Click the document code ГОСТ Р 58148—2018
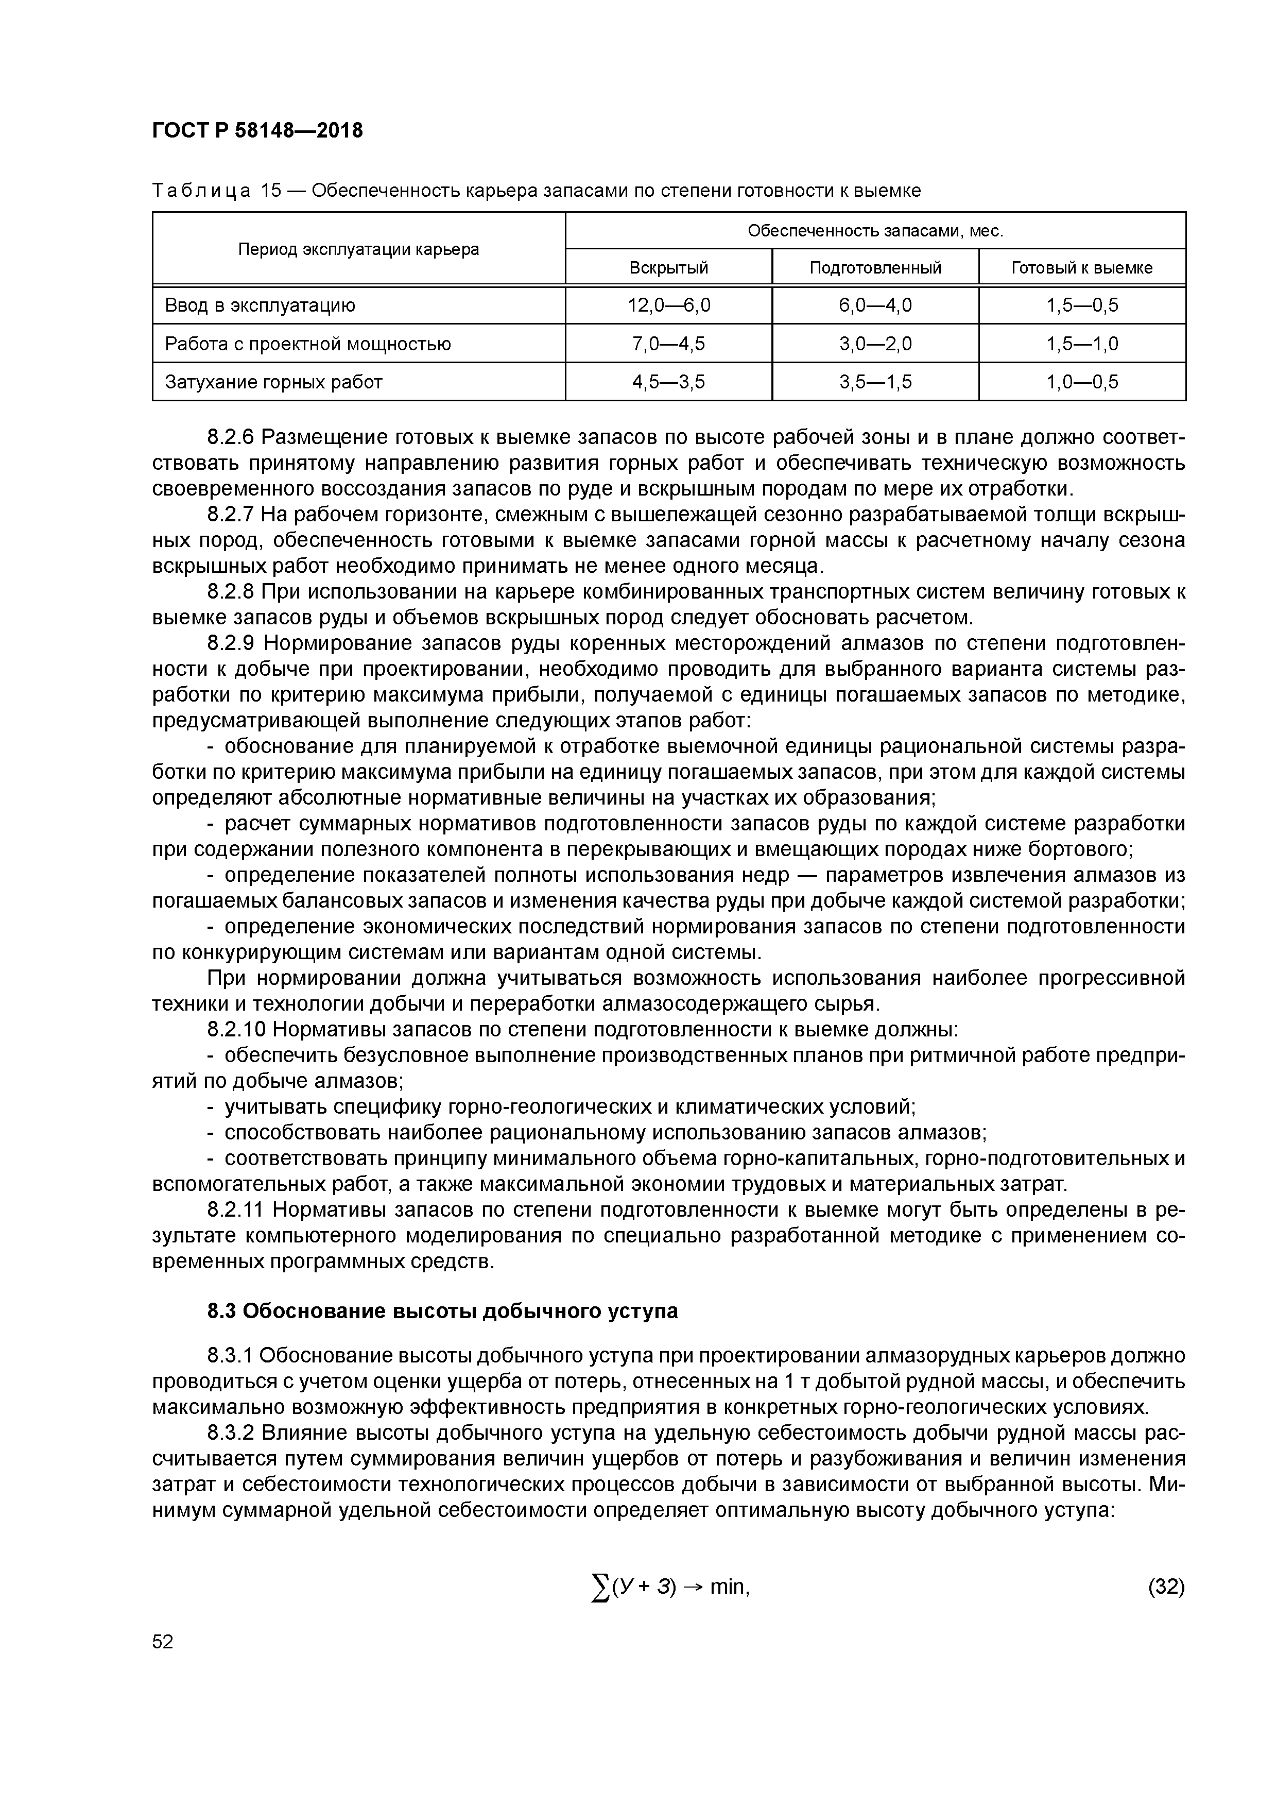[257, 131]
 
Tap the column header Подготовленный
[875, 267]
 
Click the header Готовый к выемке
[1081, 267]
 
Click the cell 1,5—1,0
[1081, 344]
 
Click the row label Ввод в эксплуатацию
[260, 305]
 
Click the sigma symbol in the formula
[600, 1588]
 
